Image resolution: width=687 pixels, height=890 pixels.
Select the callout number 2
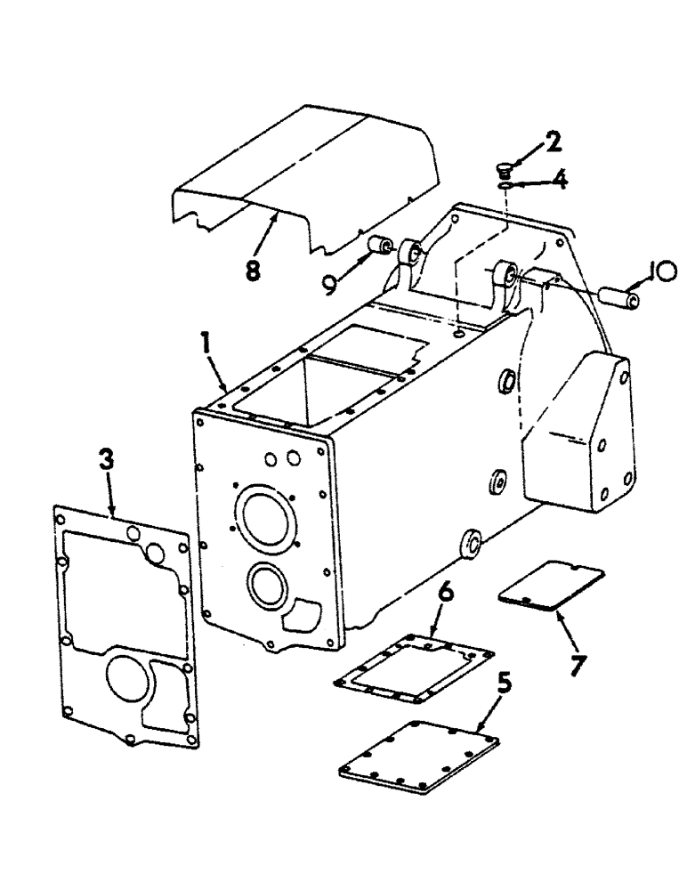click(554, 142)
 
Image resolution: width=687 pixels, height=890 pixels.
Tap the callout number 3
click(106, 460)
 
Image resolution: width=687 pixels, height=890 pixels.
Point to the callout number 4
click(559, 182)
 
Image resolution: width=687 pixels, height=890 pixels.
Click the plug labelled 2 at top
click(504, 167)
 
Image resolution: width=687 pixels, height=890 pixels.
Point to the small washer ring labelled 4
click(504, 186)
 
